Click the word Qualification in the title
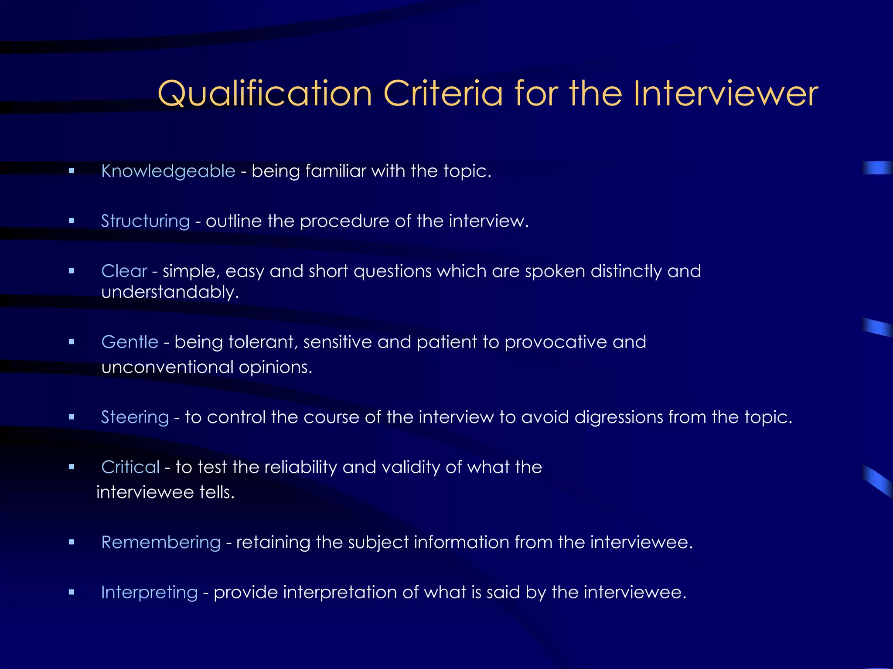(265, 94)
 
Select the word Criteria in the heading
(443, 94)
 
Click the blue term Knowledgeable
(168, 171)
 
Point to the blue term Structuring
(145, 221)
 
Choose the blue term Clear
(124, 271)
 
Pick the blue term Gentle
(130, 342)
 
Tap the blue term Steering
(135, 417)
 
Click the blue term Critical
(130, 467)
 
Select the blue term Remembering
(161, 542)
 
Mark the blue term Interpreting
(149, 592)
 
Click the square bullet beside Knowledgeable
(72, 171)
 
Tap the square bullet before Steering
(72, 417)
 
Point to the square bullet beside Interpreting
(72, 592)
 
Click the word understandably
(170, 292)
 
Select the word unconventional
(167, 367)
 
